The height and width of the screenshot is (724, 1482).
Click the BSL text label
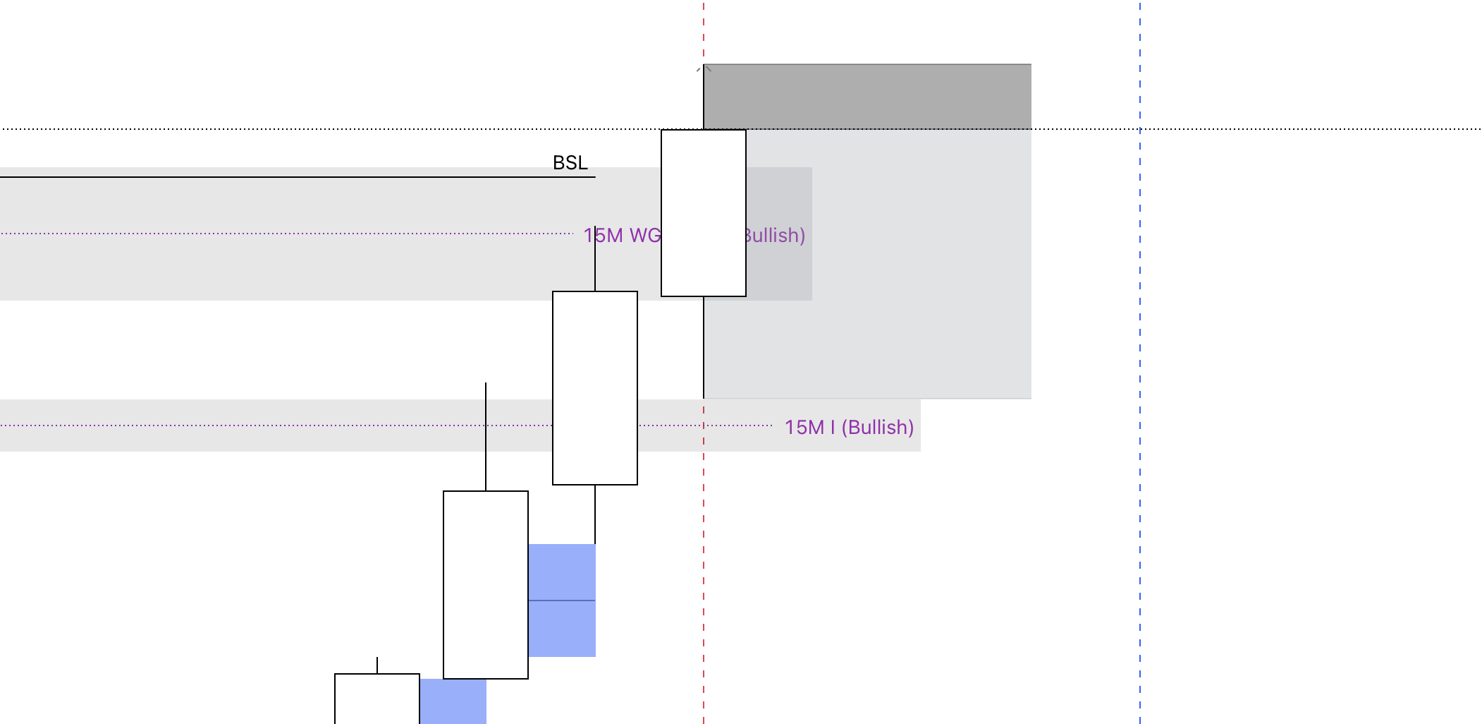[570, 163]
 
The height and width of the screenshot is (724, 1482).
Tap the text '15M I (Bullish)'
[849, 428]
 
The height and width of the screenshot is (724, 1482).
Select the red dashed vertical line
[704, 565]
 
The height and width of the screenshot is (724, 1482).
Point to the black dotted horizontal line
[1269, 129]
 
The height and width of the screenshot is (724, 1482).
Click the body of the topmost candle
[704, 212]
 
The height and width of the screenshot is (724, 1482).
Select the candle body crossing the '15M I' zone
[595, 387]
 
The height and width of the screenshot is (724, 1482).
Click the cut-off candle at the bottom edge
[377, 699]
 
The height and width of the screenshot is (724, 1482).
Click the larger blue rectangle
[562, 572]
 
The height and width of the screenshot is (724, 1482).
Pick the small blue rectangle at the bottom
[453, 701]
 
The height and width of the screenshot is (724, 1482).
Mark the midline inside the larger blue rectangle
[562, 601]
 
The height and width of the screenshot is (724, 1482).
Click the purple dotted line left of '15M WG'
[282, 233]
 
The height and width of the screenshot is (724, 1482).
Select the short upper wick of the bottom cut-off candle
[377, 665]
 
